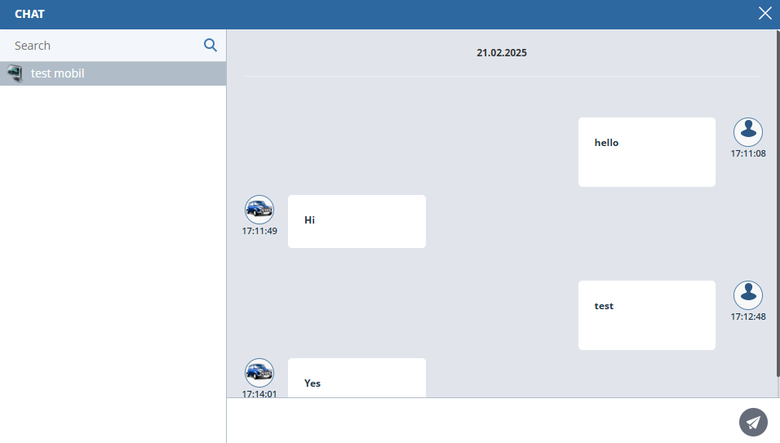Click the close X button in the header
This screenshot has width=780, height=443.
[764, 13]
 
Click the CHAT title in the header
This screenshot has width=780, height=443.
[29, 14]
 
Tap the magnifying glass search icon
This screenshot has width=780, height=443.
[211, 45]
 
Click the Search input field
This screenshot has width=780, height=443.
[102, 46]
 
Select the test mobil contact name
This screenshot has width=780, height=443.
[58, 73]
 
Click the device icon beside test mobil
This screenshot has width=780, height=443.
[15, 73]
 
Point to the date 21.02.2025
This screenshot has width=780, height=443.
[502, 53]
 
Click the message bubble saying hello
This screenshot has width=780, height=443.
[646, 152]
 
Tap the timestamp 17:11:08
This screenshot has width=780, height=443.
[747, 153]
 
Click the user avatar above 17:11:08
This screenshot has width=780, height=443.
[748, 131]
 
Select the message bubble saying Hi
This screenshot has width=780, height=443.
[357, 221]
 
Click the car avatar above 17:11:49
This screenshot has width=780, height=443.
[259, 210]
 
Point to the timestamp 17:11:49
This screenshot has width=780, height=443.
[259, 231]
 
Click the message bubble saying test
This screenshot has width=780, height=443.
[646, 315]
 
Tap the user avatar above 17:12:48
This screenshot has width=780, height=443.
[748, 295]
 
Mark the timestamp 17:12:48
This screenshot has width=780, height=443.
[747, 317]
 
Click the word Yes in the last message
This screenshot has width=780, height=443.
[312, 383]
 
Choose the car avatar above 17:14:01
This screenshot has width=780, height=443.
[259, 373]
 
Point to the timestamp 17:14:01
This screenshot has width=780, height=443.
[259, 394]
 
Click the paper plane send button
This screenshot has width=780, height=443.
[753, 422]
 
